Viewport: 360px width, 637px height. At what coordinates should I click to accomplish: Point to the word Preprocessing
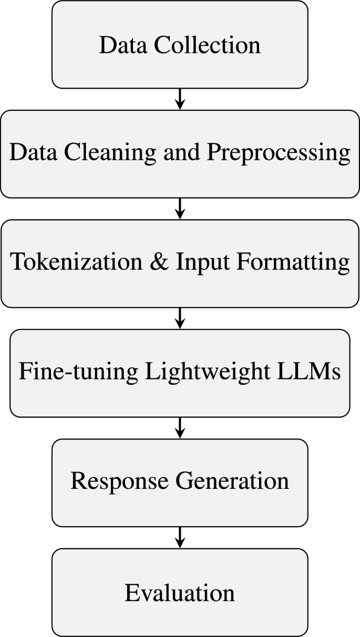(x=278, y=153)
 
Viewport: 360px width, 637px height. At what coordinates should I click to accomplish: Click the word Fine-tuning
(x=75, y=372)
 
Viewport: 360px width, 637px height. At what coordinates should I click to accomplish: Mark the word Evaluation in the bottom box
(x=180, y=593)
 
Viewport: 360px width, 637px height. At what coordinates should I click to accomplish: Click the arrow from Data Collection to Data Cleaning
(x=180, y=99)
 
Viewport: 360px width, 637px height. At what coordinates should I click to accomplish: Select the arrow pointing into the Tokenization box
(x=180, y=208)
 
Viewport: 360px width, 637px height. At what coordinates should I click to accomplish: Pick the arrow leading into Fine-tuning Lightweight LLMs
(x=180, y=318)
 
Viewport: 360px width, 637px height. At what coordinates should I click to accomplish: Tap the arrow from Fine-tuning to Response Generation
(x=180, y=427)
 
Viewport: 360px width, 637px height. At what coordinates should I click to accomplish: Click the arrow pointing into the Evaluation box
(x=180, y=537)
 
